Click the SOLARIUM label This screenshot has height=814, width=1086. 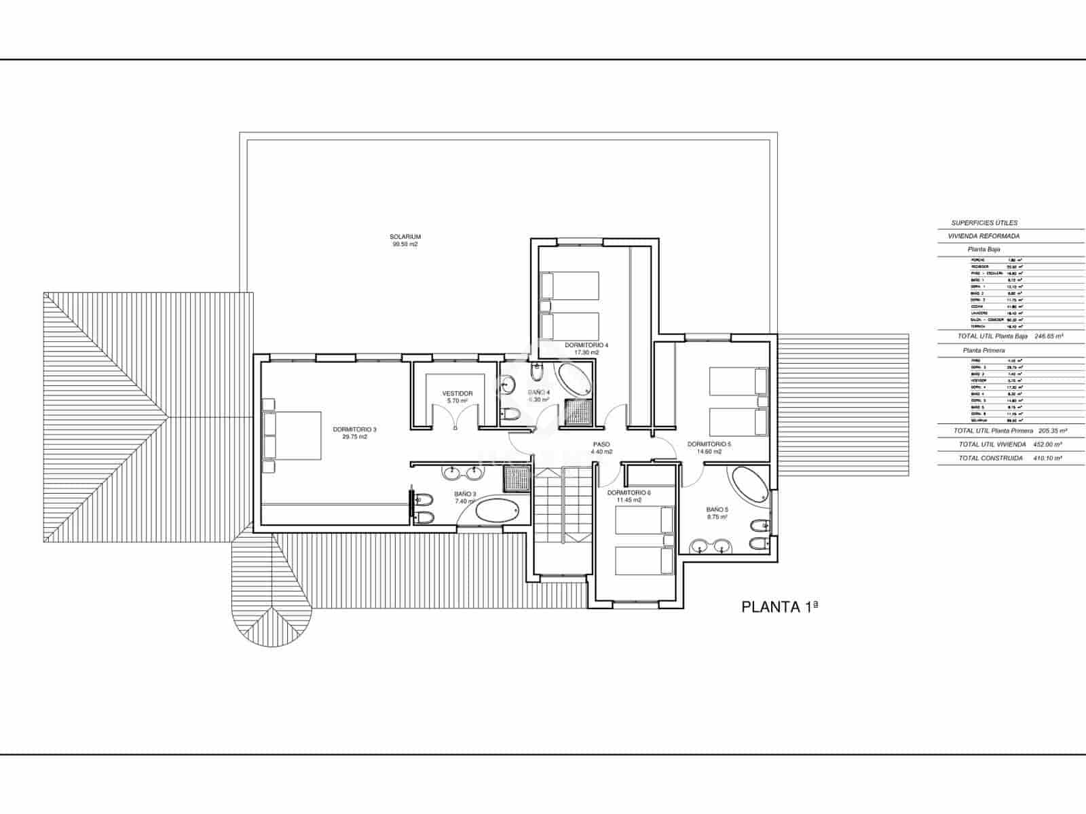[405, 237]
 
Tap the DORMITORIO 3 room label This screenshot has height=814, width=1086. [354, 429]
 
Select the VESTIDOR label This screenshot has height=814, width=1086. [457, 393]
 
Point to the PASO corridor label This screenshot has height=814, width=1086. [601, 444]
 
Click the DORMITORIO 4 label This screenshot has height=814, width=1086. [586, 345]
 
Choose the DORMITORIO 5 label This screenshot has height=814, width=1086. [709, 444]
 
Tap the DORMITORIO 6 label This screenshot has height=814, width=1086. [629, 492]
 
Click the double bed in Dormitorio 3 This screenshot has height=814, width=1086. [292, 435]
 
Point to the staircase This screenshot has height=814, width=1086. [562, 505]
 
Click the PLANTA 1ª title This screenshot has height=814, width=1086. [780, 607]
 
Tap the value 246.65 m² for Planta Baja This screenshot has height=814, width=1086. [1049, 336]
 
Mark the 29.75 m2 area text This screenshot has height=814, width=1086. [354, 438]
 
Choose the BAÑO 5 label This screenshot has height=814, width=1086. [717, 509]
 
